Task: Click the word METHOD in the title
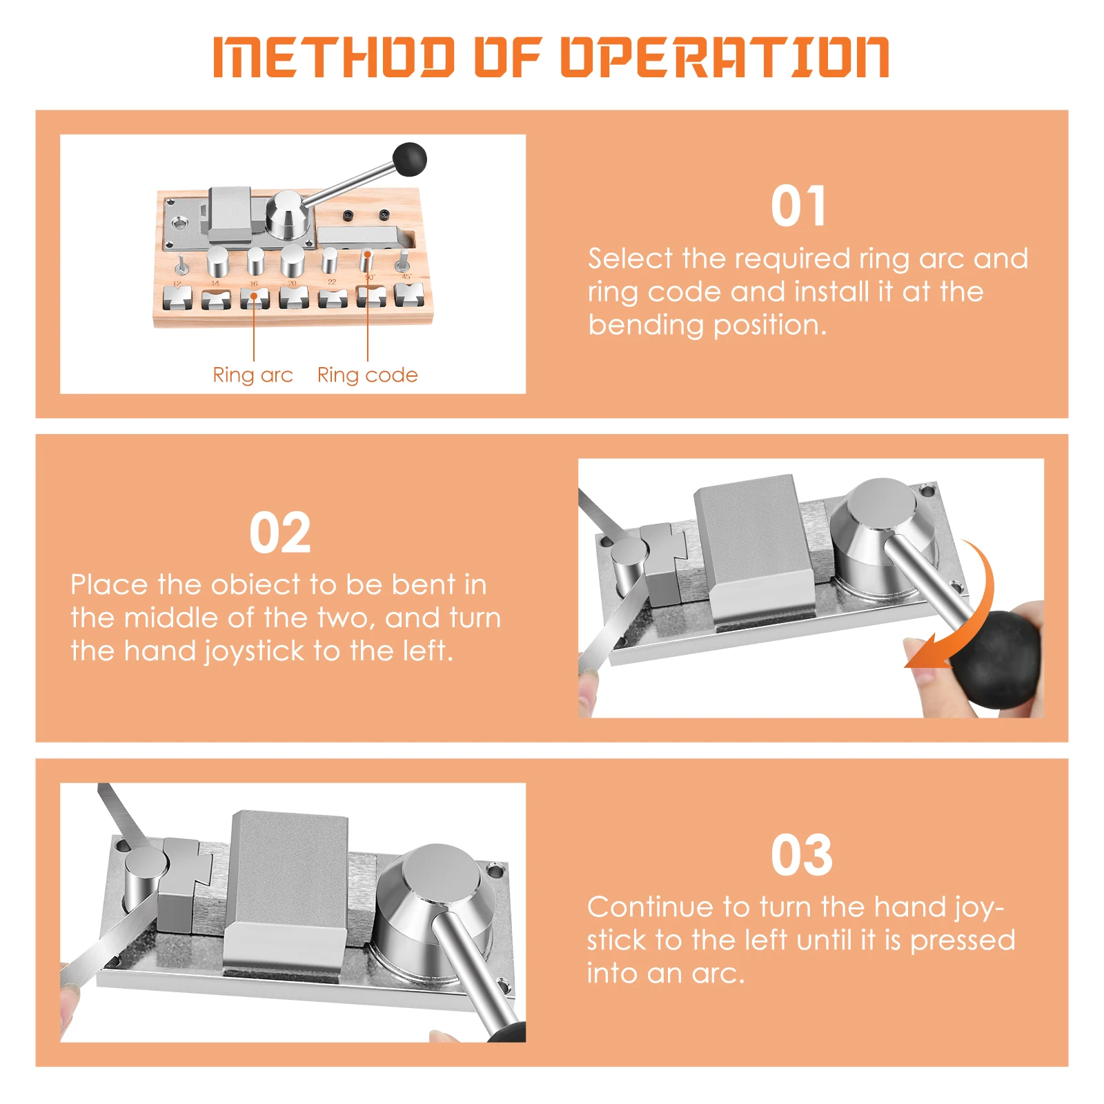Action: coord(334,57)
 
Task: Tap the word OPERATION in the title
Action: coord(724,57)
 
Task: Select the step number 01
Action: coord(798,206)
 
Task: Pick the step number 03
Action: coord(802,855)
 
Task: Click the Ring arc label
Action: coord(253,375)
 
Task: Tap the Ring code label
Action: coord(367,375)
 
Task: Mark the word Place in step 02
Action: coord(109,584)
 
